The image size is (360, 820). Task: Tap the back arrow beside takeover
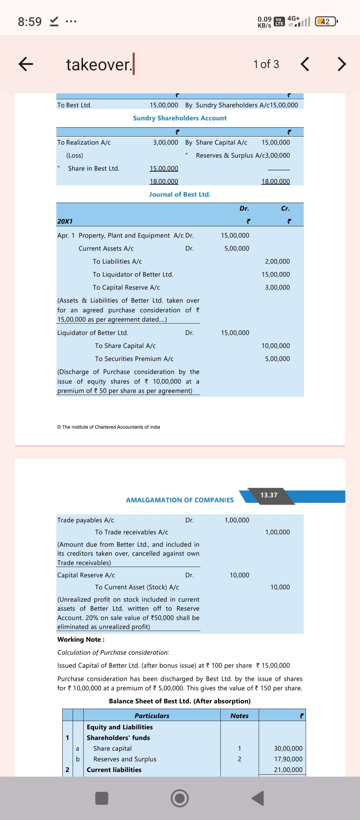(26, 64)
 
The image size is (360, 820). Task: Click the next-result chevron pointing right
(341, 64)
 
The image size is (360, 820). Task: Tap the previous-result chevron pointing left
(305, 64)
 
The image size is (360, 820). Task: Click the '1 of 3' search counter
(266, 64)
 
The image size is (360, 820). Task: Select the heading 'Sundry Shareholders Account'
(180, 118)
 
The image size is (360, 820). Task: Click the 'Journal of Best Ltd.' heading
(180, 194)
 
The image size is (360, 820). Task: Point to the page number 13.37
(269, 495)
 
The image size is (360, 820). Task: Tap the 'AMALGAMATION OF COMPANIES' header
(180, 500)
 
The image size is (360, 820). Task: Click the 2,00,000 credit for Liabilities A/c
(277, 261)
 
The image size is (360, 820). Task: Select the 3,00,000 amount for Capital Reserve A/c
(277, 287)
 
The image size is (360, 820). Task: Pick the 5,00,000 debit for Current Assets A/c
(237, 248)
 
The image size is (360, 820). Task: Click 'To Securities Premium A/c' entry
(134, 359)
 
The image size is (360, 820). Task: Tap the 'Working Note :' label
(81, 639)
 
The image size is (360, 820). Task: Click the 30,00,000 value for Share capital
(288, 748)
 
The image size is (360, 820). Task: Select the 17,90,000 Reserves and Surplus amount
(288, 759)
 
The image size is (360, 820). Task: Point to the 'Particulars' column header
(152, 716)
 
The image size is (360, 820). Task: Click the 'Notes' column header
(239, 716)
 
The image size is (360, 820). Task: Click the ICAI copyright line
(109, 427)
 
